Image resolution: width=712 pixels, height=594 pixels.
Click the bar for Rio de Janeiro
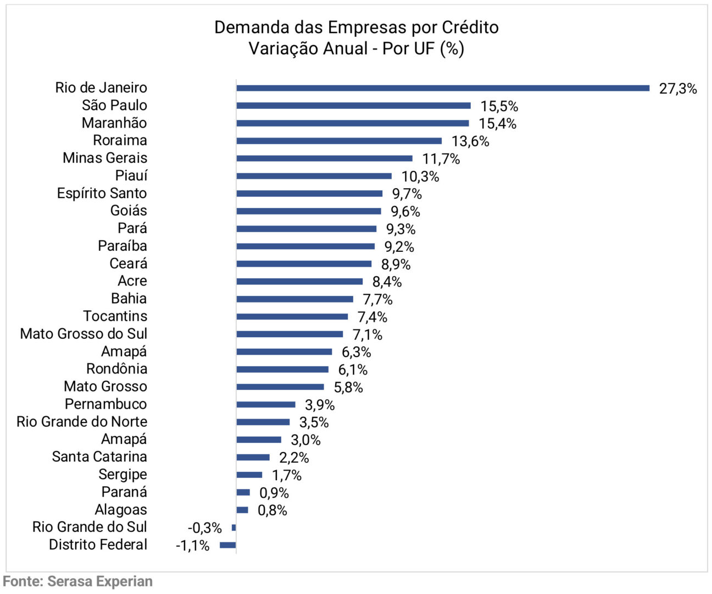point(443,88)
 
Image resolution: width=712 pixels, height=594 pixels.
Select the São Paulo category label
point(114,105)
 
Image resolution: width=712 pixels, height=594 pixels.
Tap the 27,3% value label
point(678,89)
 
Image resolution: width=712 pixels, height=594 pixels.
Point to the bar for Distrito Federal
point(228,545)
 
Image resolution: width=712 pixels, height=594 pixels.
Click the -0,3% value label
point(204,528)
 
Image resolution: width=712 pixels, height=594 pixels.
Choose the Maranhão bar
point(353,123)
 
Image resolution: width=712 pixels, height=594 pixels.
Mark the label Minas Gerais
point(105,158)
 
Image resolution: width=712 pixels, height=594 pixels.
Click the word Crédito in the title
point(470,27)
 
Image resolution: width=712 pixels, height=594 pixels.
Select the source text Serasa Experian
point(100,581)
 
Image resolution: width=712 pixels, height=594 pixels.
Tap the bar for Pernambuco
point(266,404)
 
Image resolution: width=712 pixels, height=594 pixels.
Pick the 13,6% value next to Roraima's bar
point(470,141)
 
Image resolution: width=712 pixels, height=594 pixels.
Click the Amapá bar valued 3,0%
point(259,439)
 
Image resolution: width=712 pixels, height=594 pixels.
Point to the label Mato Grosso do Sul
point(84,334)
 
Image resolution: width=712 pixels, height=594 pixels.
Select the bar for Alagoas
point(242,510)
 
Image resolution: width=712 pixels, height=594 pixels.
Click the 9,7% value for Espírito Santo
point(407,194)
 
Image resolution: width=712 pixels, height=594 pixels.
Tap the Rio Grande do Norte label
point(82,422)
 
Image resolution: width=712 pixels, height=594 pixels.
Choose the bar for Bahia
point(295,299)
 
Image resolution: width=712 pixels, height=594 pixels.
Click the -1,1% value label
point(192,546)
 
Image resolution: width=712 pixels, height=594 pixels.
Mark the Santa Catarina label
point(99,457)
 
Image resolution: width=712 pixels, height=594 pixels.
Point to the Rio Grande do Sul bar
point(234,527)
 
